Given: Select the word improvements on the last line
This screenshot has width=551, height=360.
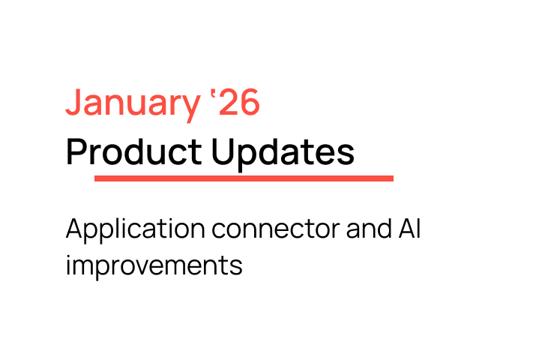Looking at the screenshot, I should click(x=154, y=265).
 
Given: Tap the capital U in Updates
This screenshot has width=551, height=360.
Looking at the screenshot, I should click(x=223, y=152).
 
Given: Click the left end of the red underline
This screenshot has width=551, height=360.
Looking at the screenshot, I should click(x=97, y=178).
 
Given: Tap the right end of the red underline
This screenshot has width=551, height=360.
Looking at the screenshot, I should click(x=391, y=178).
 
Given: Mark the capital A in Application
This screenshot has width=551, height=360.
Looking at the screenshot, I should click(x=73, y=228).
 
